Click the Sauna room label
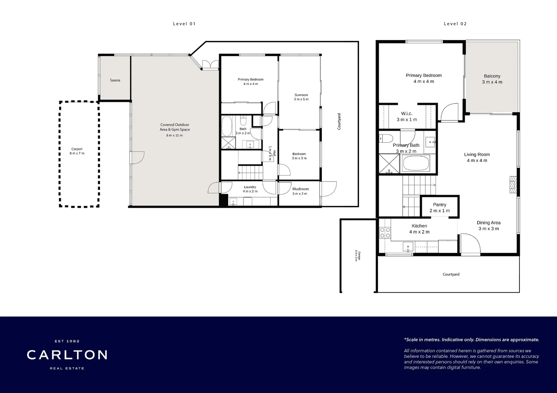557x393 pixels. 115,80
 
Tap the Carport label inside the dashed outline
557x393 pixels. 77,149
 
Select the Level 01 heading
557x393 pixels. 184,24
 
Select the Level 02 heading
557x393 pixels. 455,24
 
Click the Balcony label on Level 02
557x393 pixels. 492,76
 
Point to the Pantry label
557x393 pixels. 439,205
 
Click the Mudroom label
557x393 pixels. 300,189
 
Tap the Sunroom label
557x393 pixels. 301,95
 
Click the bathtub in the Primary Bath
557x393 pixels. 416,164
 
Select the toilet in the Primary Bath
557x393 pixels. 386,138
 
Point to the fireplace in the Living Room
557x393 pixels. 513,184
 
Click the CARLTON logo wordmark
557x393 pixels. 67,355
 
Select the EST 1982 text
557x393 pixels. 67,341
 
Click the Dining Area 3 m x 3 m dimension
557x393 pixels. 488,229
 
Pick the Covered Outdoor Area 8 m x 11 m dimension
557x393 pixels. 174,135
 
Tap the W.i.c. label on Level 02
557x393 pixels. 406,114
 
